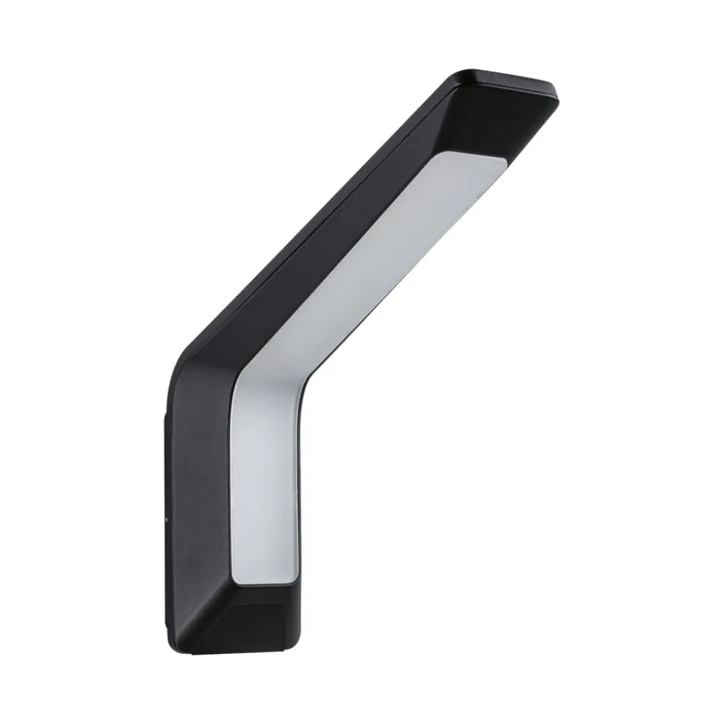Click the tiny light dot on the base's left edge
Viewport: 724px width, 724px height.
166,516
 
